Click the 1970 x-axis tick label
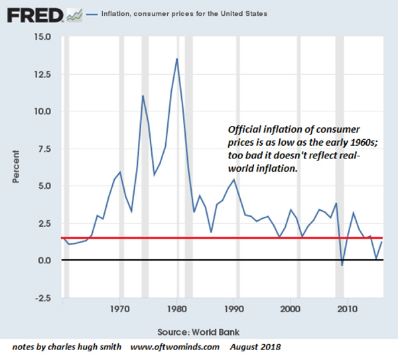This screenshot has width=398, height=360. pos(120,308)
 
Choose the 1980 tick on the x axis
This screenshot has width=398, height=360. pos(177,308)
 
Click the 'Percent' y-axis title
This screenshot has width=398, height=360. pos(15,167)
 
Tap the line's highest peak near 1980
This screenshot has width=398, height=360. pos(177,58)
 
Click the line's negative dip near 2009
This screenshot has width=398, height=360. pos(342,265)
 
